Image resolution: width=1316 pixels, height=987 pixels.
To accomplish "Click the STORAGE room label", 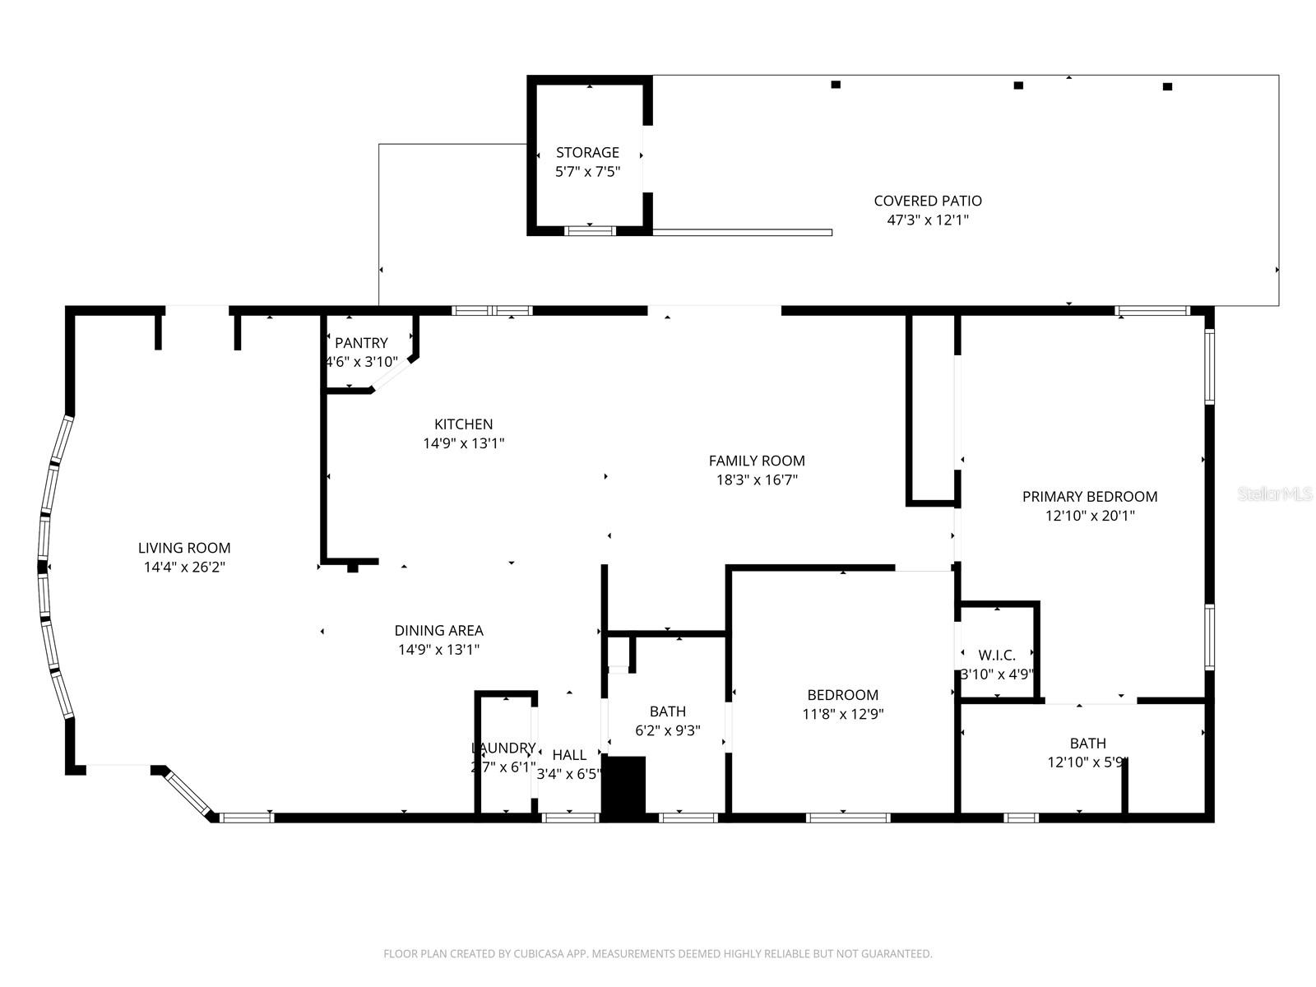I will pyautogui.click(x=587, y=152).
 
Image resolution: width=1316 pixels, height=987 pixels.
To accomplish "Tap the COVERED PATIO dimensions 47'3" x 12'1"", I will pyautogui.click(x=928, y=220).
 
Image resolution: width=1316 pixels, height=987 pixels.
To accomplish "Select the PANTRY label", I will pyautogui.click(x=361, y=343).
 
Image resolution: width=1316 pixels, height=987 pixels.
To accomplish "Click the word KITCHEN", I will pyautogui.click(x=464, y=424).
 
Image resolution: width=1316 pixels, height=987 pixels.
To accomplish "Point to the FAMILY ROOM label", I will pyautogui.click(x=757, y=461).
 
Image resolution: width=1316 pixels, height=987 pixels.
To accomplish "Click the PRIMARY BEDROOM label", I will pyautogui.click(x=1090, y=497).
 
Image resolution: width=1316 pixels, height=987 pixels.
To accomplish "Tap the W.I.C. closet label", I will pyautogui.click(x=997, y=656).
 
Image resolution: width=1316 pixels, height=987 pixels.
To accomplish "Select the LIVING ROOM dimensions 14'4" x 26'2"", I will pyautogui.click(x=184, y=567).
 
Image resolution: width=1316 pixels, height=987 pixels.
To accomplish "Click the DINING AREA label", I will pyautogui.click(x=438, y=631).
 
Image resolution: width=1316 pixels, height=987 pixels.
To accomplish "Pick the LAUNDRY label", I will pyautogui.click(x=503, y=748).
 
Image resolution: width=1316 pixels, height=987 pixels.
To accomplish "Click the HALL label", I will pyautogui.click(x=569, y=755).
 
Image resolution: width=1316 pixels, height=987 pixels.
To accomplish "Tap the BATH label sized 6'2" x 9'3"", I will pyautogui.click(x=667, y=711).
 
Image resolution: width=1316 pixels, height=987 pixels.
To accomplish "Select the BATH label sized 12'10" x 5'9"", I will pyautogui.click(x=1087, y=744).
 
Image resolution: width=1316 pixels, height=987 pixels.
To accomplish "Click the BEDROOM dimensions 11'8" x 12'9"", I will pyautogui.click(x=842, y=715).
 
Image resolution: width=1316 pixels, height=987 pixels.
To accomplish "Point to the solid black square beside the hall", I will pyautogui.click(x=623, y=786).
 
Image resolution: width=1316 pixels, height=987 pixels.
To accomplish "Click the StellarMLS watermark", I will pyautogui.click(x=1275, y=494).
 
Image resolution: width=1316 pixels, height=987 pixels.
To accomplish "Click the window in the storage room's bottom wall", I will pyautogui.click(x=590, y=230).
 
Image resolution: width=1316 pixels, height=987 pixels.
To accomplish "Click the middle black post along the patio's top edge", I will pyautogui.click(x=1018, y=85).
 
